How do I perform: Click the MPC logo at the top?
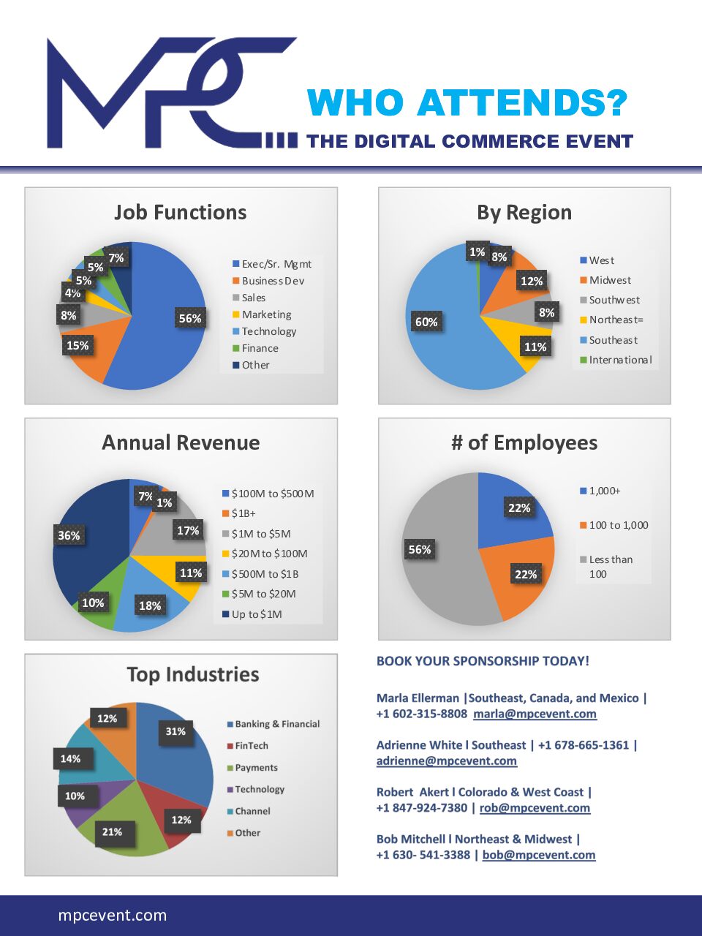point(172,94)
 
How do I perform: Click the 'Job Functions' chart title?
point(180,212)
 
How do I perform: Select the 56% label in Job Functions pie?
point(189,318)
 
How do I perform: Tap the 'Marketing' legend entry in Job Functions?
point(266,314)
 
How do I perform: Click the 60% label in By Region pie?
point(426,322)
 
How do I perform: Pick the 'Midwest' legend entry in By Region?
point(610,280)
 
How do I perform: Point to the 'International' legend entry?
point(619,360)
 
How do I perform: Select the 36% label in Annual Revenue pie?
point(69,535)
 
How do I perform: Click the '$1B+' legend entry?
point(244,513)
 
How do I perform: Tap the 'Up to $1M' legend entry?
point(256,614)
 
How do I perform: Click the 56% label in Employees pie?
point(420,549)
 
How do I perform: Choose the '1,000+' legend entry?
point(605,491)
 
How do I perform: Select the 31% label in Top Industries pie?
point(175,731)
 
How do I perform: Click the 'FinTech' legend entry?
point(251,746)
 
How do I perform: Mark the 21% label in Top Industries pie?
point(112,831)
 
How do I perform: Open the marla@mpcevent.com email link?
point(535,714)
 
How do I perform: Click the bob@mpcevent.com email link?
point(539,855)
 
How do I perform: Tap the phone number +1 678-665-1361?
point(584,745)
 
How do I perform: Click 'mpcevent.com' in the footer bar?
point(113,915)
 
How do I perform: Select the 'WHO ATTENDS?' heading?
point(467,103)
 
